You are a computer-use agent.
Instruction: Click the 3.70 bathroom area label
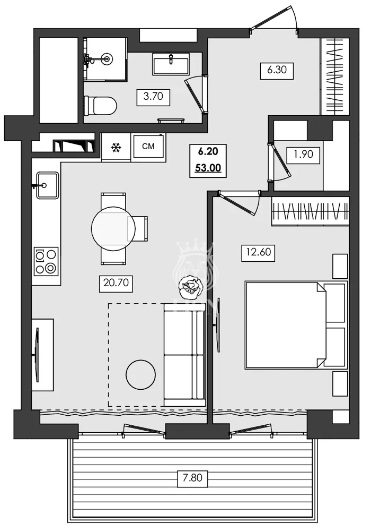[x=153, y=97]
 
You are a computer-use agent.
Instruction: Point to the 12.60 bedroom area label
[x=258, y=252]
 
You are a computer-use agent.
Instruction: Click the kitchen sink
[x=47, y=185]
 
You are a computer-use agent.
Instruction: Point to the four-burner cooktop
[x=46, y=261]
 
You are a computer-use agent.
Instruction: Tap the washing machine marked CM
[x=148, y=147]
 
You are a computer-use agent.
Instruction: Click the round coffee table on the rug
[x=140, y=375]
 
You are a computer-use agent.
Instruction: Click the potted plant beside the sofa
[x=190, y=287]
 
